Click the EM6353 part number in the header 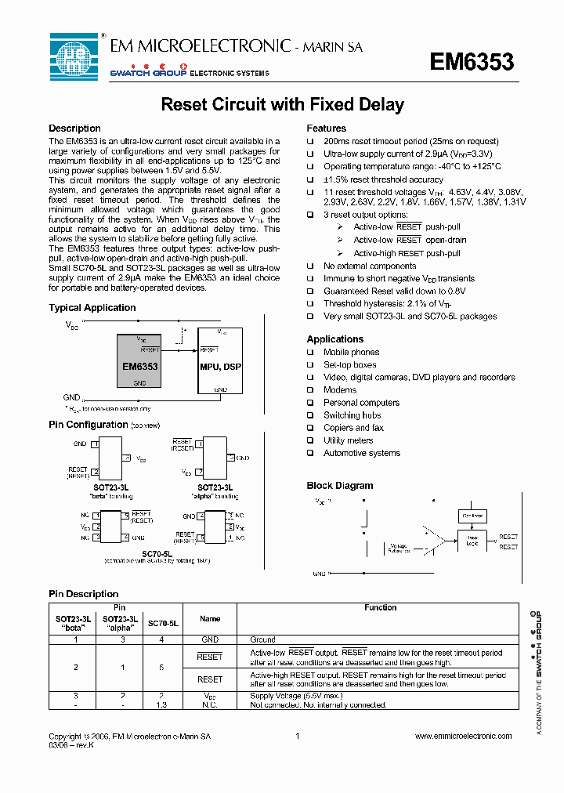coord(472,63)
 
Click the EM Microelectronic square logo coord(74,56)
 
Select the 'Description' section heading coord(74,129)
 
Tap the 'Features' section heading coord(326,129)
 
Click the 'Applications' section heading coord(334,339)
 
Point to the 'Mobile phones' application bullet coord(351,353)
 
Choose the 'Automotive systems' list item coord(361,453)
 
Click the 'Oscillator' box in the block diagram coord(472,516)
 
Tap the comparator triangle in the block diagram coord(451,540)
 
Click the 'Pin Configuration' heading coord(88,425)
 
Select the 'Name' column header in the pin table coord(210,618)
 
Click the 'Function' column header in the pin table coord(381,608)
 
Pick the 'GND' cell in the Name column coord(210,639)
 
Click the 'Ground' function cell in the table coord(262,639)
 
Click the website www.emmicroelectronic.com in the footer coord(462,736)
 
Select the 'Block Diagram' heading coord(339,486)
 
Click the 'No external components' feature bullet coord(370,266)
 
